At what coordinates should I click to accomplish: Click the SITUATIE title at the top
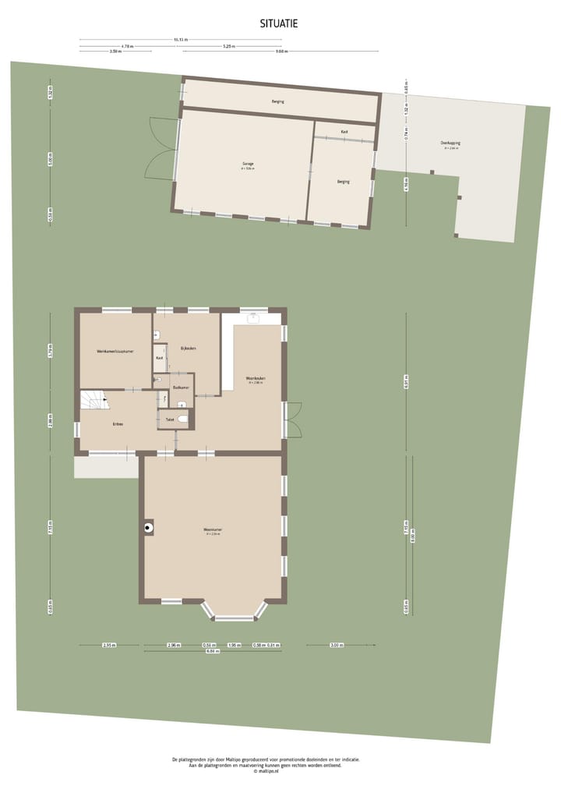[x=279, y=24]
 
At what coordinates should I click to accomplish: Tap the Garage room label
[x=247, y=165]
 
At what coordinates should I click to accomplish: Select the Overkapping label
[x=450, y=143]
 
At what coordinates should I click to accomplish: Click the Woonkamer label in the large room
[x=213, y=530]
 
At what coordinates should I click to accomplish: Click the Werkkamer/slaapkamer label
[x=115, y=352]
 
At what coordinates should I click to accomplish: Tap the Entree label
[x=118, y=423]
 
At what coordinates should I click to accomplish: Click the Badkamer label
[x=181, y=387]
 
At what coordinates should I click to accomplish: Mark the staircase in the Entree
[x=95, y=400]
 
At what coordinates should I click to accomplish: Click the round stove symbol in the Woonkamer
[x=148, y=528]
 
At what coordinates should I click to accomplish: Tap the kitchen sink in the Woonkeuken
[x=252, y=318]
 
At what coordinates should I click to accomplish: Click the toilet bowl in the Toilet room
[x=182, y=419]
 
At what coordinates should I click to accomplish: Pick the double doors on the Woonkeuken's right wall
[x=293, y=420]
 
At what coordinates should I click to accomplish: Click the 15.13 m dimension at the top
[x=181, y=40]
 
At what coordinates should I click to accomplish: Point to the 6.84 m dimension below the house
[x=211, y=651]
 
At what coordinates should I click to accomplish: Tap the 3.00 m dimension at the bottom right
[x=336, y=645]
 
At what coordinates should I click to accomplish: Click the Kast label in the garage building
[x=344, y=132]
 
